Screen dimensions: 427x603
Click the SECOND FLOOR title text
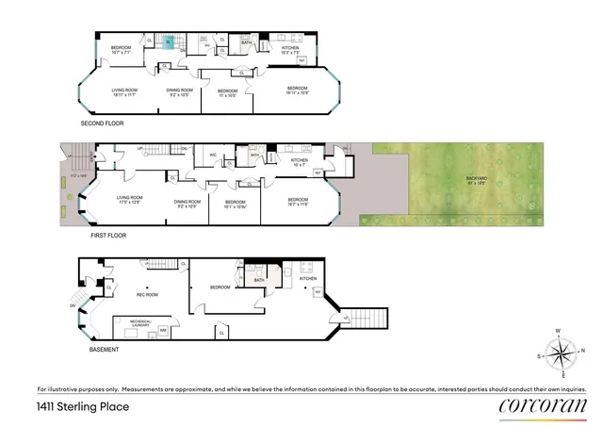(x=102, y=123)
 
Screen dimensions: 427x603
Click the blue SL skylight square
(x=167, y=41)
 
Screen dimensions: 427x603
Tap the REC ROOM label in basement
(x=149, y=293)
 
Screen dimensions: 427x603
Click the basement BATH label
(x=258, y=279)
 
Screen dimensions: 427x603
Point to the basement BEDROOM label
(x=220, y=287)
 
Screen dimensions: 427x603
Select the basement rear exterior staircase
(x=367, y=319)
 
